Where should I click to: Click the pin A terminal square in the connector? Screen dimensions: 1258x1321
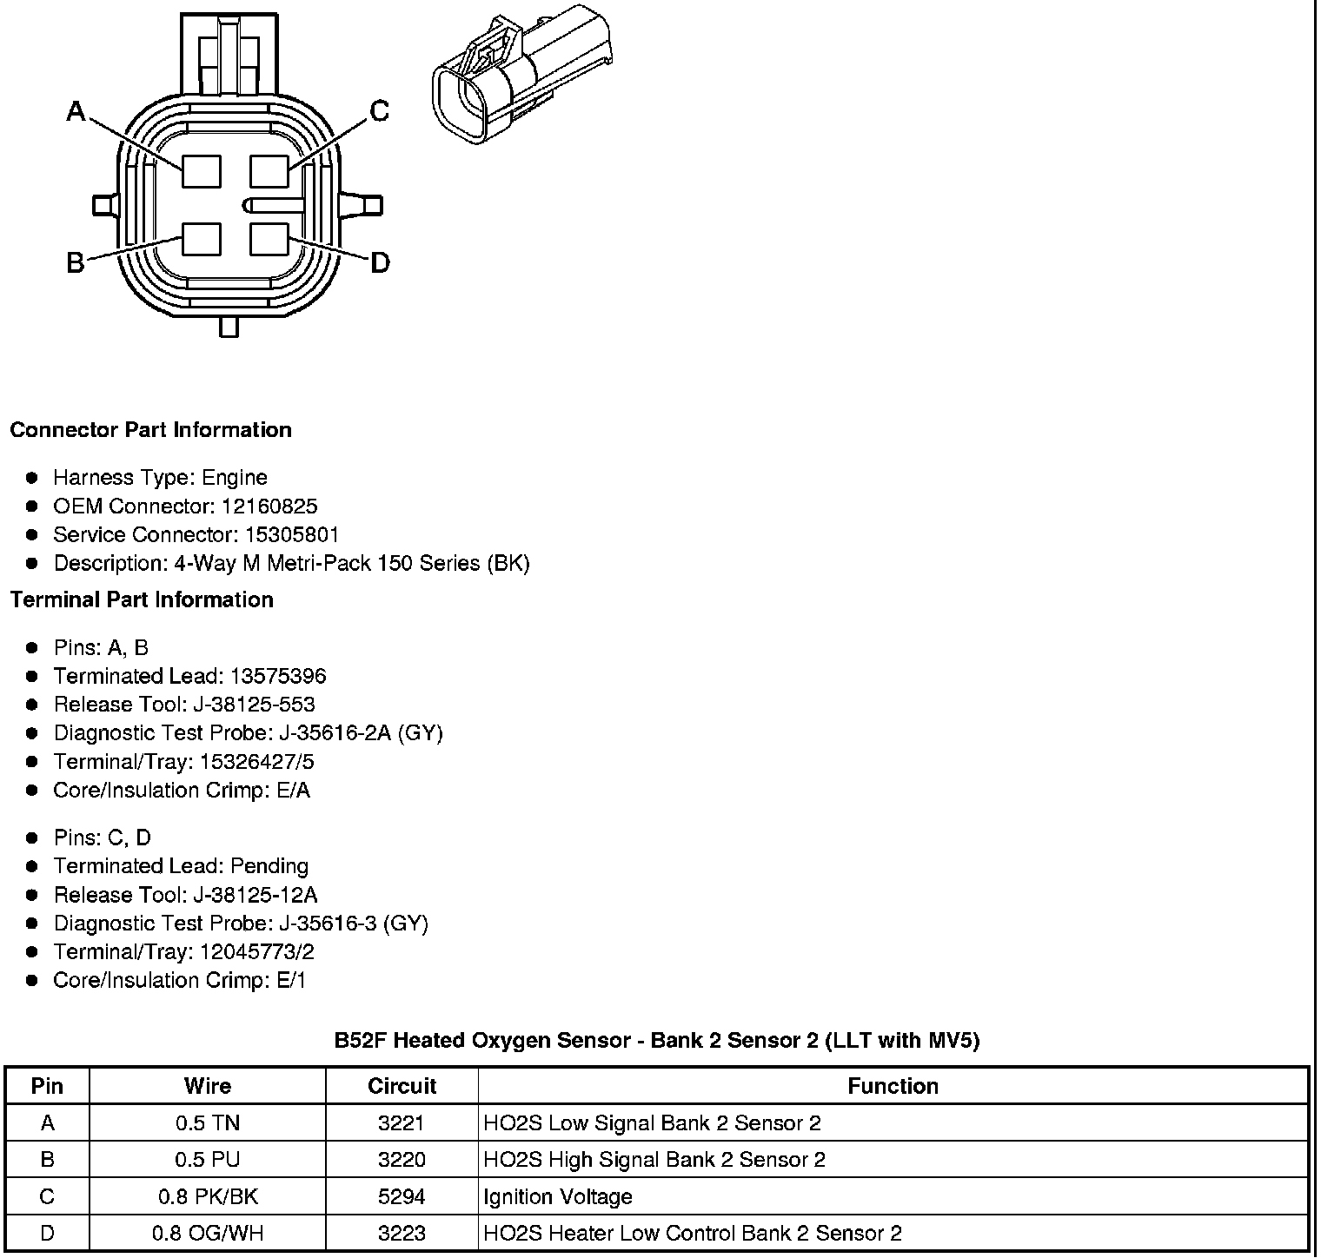[202, 170]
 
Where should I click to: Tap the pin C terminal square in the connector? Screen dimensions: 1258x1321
[269, 170]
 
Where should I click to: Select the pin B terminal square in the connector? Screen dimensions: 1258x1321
[202, 240]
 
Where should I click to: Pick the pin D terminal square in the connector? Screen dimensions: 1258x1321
[269, 240]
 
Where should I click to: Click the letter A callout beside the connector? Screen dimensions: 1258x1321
[76, 111]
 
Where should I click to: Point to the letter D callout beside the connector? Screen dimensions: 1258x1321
[380, 262]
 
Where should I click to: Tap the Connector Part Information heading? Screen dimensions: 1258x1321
[150, 430]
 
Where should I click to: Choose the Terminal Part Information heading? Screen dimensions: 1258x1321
[142, 600]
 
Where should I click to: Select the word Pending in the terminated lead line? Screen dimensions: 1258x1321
[269, 866]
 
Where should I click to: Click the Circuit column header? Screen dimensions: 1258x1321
[402, 1086]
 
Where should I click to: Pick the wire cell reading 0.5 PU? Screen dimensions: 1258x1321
[207, 1160]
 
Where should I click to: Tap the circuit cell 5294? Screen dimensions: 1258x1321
[402, 1197]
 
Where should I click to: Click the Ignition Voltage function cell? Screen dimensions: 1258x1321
[557, 1197]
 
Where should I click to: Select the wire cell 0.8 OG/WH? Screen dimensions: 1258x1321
[207, 1234]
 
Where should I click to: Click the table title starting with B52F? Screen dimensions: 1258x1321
[657, 1040]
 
